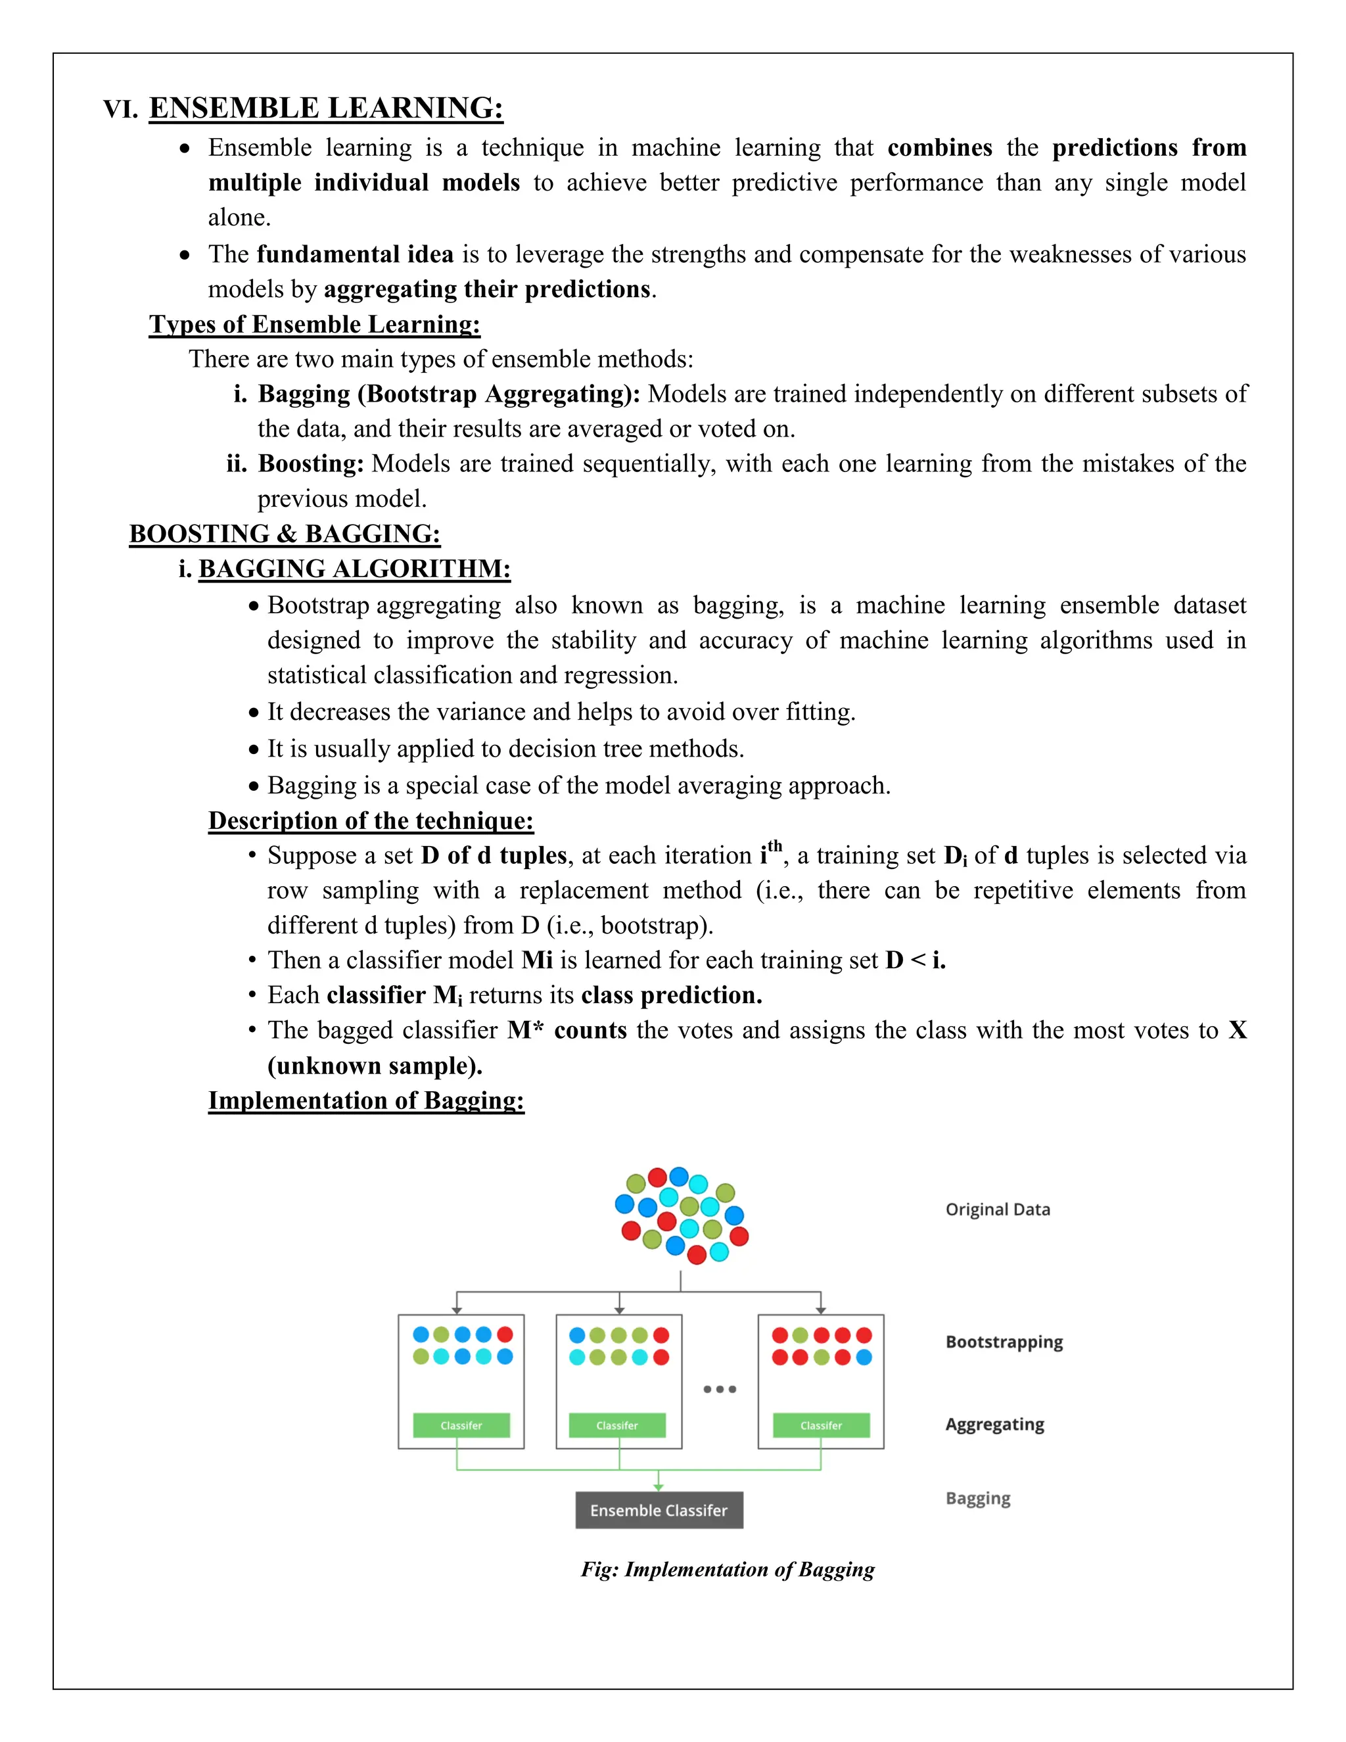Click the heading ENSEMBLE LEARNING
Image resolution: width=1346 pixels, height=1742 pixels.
pos(326,108)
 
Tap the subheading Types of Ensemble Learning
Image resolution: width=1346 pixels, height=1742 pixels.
pos(314,325)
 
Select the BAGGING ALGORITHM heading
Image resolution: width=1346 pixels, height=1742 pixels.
pos(354,569)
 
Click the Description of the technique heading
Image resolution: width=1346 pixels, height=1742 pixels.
pos(371,821)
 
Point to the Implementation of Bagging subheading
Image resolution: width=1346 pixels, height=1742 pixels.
pos(366,1100)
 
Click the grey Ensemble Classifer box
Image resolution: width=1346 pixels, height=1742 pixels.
pos(659,1510)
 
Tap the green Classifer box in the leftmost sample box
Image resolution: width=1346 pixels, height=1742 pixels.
pos(461,1425)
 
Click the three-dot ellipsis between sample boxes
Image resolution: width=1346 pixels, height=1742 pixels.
pos(719,1390)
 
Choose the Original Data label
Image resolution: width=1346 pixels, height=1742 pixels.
pos(998,1209)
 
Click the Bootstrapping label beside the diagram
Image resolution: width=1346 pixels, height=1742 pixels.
pos(1004,1342)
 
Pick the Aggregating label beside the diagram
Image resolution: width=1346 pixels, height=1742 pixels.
pos(994,1424)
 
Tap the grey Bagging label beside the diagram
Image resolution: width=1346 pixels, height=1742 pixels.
pos(977,1498)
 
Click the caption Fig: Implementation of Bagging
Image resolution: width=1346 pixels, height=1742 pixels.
pos(728,1570)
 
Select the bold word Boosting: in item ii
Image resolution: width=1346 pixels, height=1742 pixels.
pos(311,463)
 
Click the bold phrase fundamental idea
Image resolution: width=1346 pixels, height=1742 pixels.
pos(355,254)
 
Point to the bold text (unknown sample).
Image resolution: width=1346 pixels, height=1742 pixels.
pos(375,1066)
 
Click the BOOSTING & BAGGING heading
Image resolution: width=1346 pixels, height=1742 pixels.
pos(285,534)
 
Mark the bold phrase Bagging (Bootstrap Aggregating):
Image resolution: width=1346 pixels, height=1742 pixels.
pos(449,394)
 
